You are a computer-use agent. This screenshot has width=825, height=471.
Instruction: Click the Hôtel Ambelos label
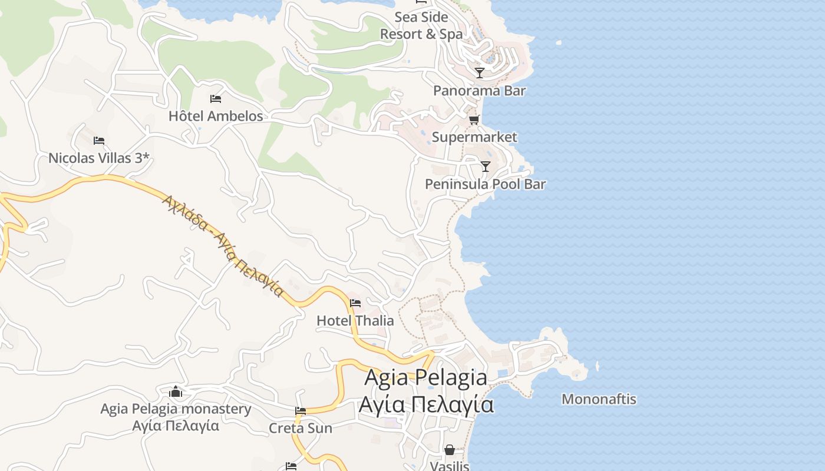[216, 116]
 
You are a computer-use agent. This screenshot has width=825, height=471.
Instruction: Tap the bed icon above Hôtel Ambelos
[216, 99]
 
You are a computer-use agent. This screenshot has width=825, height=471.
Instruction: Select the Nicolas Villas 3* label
[99, 158]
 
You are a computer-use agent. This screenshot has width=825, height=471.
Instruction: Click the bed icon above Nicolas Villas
[99, 141]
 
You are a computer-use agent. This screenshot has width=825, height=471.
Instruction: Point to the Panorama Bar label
[479, 91]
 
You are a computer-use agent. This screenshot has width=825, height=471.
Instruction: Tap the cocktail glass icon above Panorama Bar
[480, 73]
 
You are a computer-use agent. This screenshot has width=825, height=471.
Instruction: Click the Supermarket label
[474, 137]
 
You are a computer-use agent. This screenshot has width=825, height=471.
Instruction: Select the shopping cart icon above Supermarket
[474, 120]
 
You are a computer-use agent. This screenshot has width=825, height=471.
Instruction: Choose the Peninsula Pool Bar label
[485, 184]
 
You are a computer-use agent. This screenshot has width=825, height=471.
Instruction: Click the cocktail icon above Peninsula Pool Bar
[485, 167]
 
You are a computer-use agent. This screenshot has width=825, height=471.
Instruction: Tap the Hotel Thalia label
[355, 321]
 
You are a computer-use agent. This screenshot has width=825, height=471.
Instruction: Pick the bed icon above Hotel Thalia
[355, 304]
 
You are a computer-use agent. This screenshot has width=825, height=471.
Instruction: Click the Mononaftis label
[599, 399]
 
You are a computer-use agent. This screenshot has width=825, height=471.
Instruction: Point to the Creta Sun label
[301, 428]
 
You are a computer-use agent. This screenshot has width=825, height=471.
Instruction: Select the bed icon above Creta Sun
[301, 411]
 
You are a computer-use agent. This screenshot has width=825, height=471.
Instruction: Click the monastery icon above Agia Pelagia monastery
[176, 392]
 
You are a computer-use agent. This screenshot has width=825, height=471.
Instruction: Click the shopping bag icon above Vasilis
[450, 450]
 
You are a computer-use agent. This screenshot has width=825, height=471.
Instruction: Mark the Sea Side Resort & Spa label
[421, 25]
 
